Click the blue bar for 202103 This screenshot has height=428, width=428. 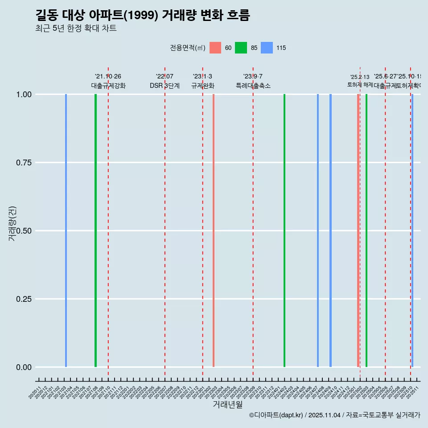[x=66, y=230]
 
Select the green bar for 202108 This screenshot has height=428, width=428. [x=95, y=230]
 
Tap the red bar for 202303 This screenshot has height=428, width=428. [x=214, y=230]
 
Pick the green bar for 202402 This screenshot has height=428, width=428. [x=284, y=230]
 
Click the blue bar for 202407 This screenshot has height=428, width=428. [x=318, y=230]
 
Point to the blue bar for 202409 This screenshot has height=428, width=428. [x=330, y=230]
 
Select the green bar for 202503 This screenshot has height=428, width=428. [x=366, y=230]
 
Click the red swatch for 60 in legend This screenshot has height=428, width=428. [x=215, y=48]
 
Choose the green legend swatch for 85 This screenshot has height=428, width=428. [x=241, y=48]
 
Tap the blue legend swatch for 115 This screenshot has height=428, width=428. [x=266, y=48]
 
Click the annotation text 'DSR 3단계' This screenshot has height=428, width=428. [x=165, y=86]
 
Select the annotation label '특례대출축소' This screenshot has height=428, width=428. [x=253, y=86]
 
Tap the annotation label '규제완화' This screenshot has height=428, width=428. [x=203, y=86]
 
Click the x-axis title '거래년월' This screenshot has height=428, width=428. [x=228, y=404]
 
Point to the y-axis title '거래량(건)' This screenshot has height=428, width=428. [x=12, y=223]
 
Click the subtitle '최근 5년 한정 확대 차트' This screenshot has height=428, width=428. [x=76, y=29]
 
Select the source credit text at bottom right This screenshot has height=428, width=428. [x=334, y=415]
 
